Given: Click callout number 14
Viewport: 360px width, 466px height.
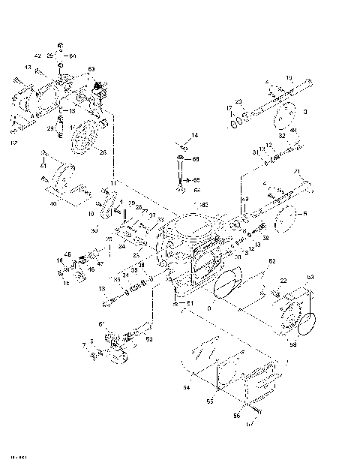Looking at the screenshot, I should (193, 135).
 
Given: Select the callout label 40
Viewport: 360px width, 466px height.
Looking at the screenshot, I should (52, 203).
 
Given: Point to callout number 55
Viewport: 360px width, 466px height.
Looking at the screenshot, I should (210, 402).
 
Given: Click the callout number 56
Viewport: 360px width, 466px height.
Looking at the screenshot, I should (235, 415).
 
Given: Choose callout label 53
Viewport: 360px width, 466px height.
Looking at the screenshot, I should (331, 277).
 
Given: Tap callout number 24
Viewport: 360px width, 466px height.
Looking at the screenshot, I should (121, 245).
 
